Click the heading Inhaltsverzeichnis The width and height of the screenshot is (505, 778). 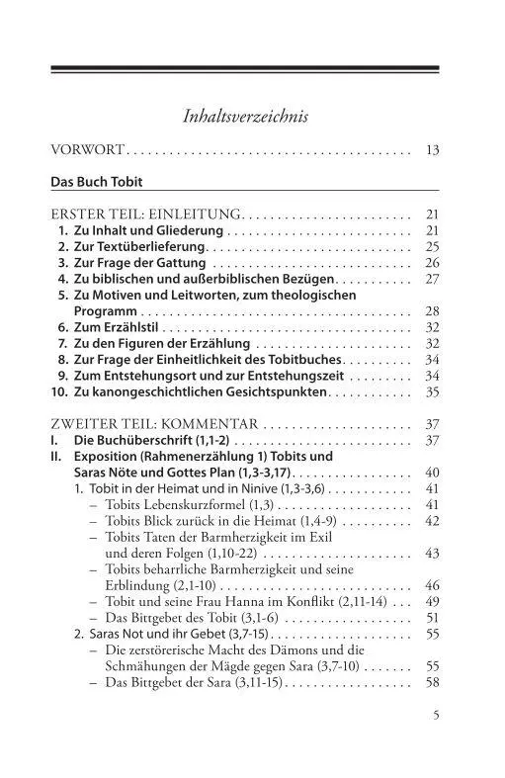click(x=246, y=117)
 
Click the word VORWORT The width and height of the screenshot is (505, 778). click(x=87, y=151)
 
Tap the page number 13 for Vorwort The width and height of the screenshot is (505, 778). click(x=432, y=151)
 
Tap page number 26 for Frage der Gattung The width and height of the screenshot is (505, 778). click(x=432, y=263)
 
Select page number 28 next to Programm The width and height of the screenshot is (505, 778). click(x=432, y=311)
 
